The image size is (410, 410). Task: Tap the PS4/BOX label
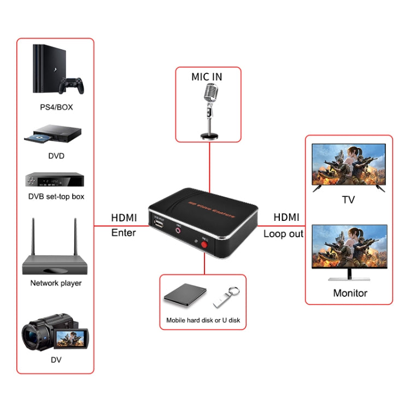[x=56, y=107]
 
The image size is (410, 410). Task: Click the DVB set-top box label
[x=56, y=196]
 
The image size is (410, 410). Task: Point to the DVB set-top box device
[x=55, y=180]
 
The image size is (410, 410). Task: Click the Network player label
[x=56, y=283]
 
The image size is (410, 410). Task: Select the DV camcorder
[x=55, y=333]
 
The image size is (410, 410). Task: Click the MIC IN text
[x=207, y=77]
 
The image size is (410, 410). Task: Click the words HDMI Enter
[x=124, y=225]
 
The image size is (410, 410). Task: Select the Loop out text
[x=283, y=233]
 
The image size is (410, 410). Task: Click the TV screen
[x=348, y=165]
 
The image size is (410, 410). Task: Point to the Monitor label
[x=350, y=293]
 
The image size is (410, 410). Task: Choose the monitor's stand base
[x=349, y=278]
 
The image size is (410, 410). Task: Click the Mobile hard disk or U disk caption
[x=203, y=320]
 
